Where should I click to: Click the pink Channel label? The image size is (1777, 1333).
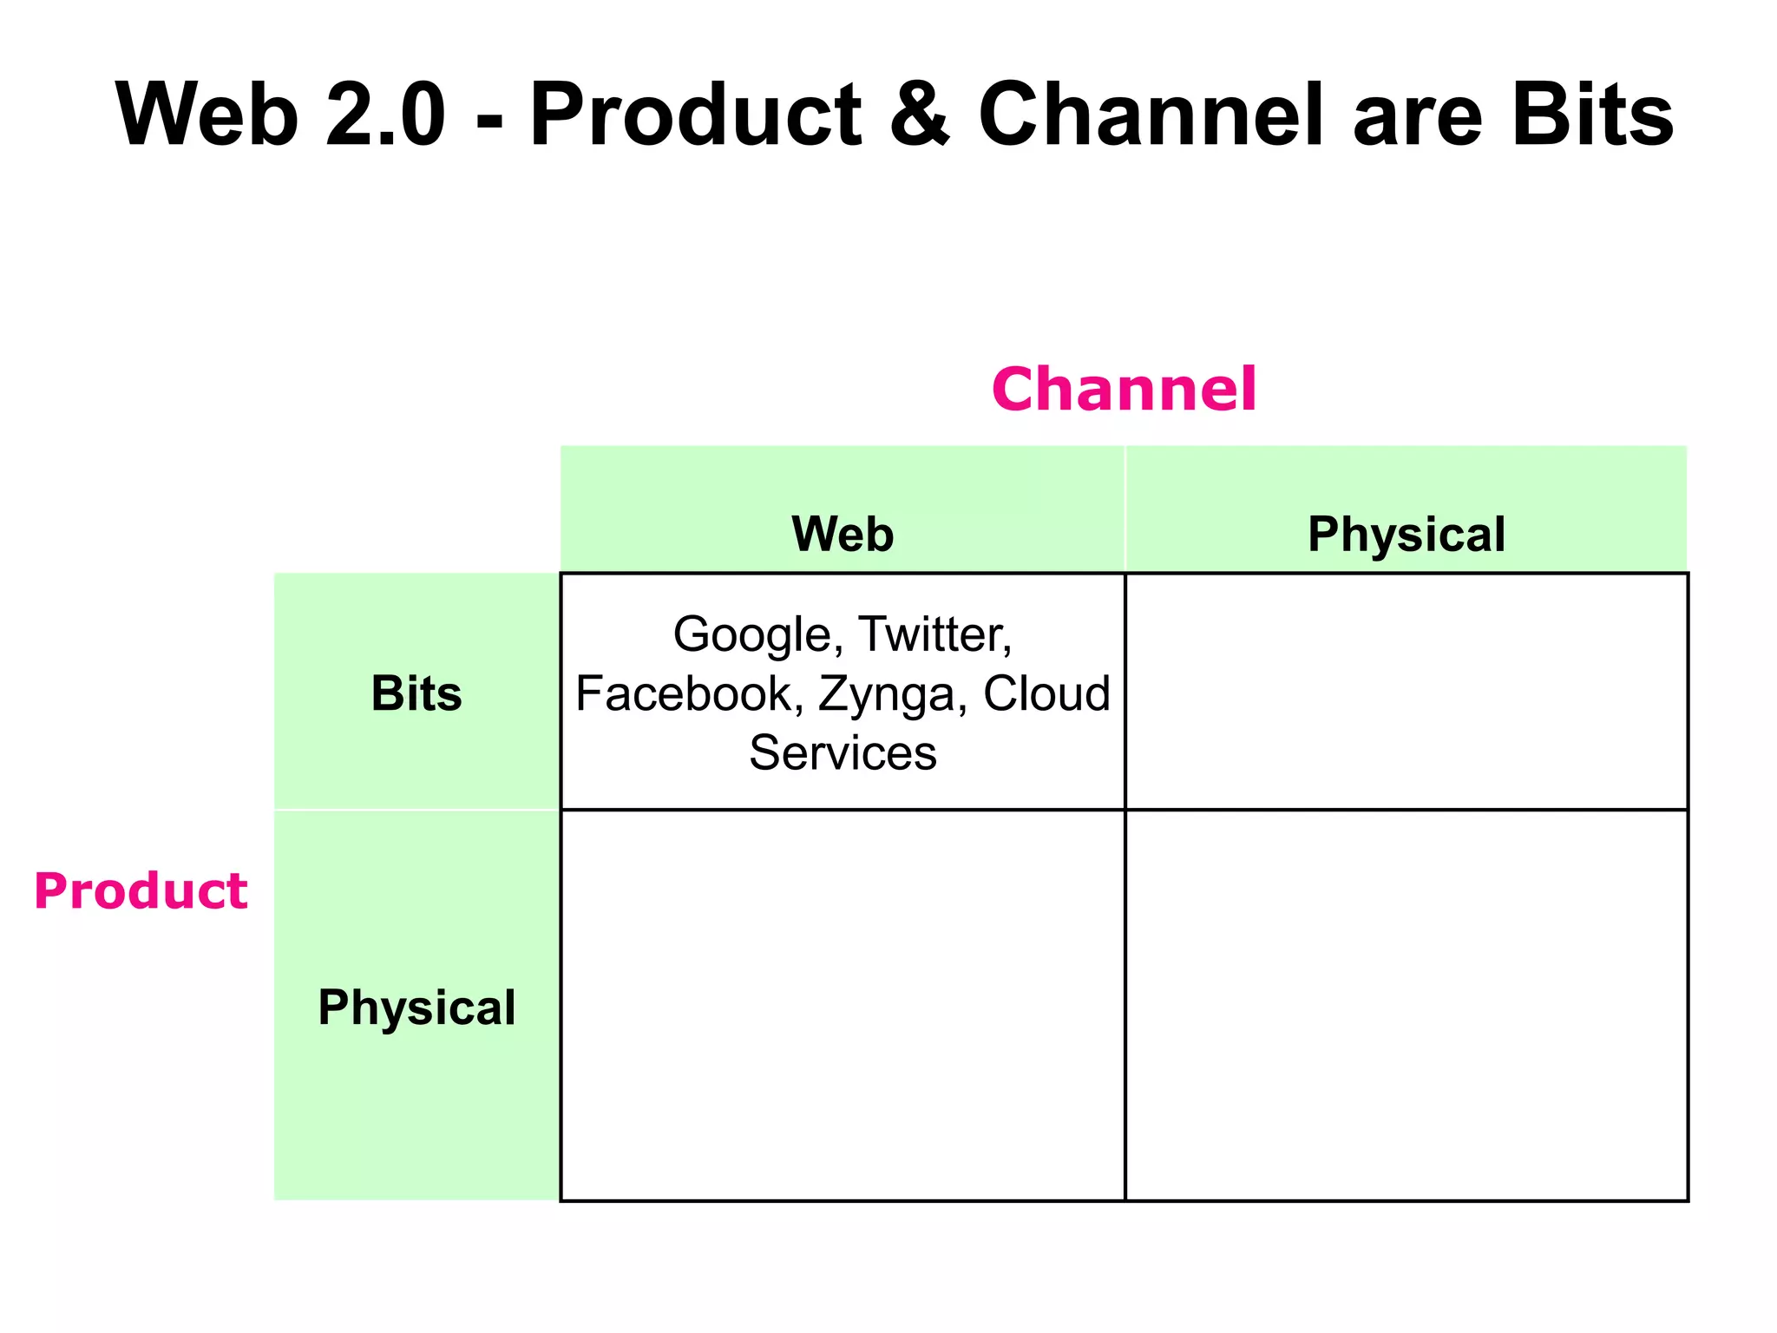(x=1124, y=389)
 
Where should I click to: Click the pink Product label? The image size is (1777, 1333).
(x=141, y=891)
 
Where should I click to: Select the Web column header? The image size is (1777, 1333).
(x=843, y=534)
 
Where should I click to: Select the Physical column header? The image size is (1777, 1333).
(x=1406, y=534)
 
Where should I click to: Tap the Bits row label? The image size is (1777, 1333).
(x=416, y=693)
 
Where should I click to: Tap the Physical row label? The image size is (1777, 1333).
(x=416, y=1007)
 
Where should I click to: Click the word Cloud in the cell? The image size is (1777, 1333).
(x=1046, y=693)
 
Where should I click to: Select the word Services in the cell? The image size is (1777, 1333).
(x=843, y=752)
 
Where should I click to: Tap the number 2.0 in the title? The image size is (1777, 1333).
(x=385, y=115)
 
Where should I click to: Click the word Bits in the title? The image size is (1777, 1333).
(x=1592, y=115)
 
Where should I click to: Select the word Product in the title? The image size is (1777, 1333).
(x=695, y=115)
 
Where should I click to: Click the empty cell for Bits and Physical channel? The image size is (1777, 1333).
(x=1406, y=692)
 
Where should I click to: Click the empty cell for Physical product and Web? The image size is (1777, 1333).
(x=843, y=1005)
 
